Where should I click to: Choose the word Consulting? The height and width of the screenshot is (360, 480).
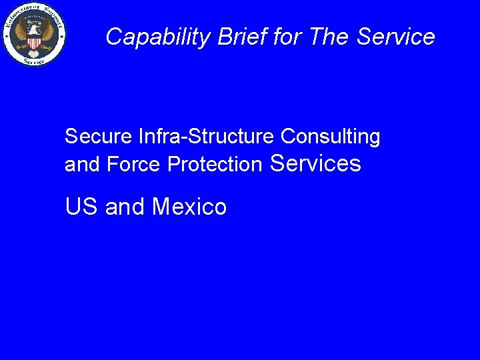[x=331, y=138]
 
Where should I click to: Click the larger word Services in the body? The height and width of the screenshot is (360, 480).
[x=317, y=163]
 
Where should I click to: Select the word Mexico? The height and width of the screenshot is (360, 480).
[x=189, y=207]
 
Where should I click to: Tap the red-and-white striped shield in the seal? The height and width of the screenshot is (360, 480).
[x=34, y=41]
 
